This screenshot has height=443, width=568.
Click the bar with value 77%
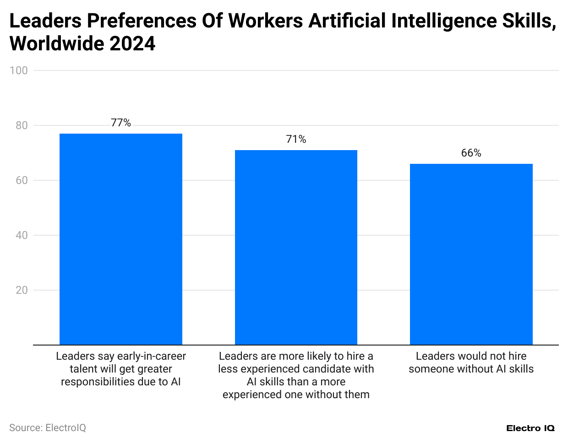121,239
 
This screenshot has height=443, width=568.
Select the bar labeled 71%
296,247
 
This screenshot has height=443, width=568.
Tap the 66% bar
471,254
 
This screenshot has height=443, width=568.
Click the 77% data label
121,123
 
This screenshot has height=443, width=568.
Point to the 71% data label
296,139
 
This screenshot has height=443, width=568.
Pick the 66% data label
471,153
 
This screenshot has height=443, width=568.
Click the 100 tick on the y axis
18,70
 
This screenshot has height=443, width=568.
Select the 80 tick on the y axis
21,125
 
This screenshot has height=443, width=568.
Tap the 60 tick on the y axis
21,180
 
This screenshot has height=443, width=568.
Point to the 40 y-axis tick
21,235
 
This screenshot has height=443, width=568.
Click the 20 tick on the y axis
21,290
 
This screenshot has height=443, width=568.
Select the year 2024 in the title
132,44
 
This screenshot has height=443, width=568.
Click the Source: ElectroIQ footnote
48,427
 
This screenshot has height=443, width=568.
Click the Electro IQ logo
530,428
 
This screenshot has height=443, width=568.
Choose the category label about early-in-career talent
121,369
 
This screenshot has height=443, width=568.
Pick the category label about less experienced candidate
296,375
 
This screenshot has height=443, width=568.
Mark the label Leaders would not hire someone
471,362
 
